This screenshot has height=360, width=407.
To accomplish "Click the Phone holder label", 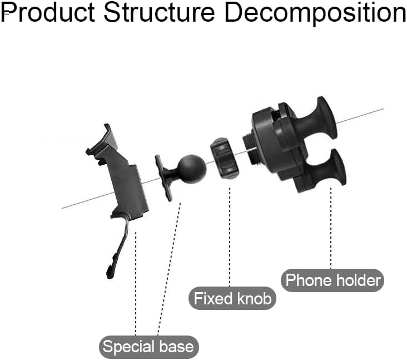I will point(333,280).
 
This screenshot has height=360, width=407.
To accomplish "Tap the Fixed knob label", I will point(232,298).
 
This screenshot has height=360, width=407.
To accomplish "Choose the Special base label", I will point(148,347).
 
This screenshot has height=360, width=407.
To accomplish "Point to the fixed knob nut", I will point(224,158).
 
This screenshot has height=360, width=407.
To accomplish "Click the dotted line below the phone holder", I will point(331,228).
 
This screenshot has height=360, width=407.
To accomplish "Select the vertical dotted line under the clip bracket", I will point(136,284).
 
